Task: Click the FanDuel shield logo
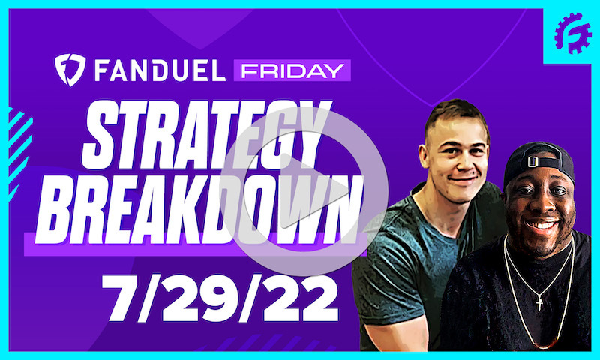tap(68, 70)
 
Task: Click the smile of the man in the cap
tap(542, 223)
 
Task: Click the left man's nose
tap(460, 161)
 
